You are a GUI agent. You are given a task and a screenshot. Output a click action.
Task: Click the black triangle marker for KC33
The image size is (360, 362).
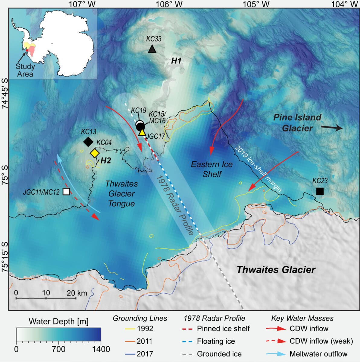[152, 49]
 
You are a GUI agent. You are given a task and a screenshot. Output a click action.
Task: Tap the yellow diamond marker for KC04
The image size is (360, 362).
[95, 153]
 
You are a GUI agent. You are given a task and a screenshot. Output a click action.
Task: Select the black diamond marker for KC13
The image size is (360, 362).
[88, 141]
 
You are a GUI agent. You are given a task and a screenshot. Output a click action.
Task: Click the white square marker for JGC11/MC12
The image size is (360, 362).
[66, 191]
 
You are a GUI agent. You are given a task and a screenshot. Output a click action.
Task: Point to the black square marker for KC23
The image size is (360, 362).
[320, 191]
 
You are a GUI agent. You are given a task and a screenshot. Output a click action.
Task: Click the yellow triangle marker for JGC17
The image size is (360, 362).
[142, 133]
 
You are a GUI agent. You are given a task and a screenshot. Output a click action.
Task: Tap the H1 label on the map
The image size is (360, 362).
[176, 61]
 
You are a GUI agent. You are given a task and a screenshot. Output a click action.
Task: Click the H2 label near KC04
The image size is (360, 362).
[105, 161]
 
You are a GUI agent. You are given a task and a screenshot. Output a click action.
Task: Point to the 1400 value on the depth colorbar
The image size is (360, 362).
[101, 349]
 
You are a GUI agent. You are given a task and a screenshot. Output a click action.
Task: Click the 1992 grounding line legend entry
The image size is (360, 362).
[145, 329]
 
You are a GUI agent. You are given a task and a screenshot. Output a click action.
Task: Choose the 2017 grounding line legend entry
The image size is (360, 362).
[145, 354]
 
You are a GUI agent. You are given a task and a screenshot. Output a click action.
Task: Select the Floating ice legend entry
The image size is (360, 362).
[216, 341]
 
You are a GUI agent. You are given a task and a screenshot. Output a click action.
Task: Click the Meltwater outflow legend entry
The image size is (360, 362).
[318, 354]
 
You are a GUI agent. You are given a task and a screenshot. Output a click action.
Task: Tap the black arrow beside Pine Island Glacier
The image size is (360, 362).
[331, 128]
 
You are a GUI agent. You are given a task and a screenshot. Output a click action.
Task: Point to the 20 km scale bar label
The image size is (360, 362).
[77, 293]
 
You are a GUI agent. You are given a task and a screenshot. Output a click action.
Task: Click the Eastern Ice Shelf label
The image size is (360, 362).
[212, 169]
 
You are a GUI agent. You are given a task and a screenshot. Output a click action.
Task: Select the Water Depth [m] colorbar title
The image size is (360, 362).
[59, 322]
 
